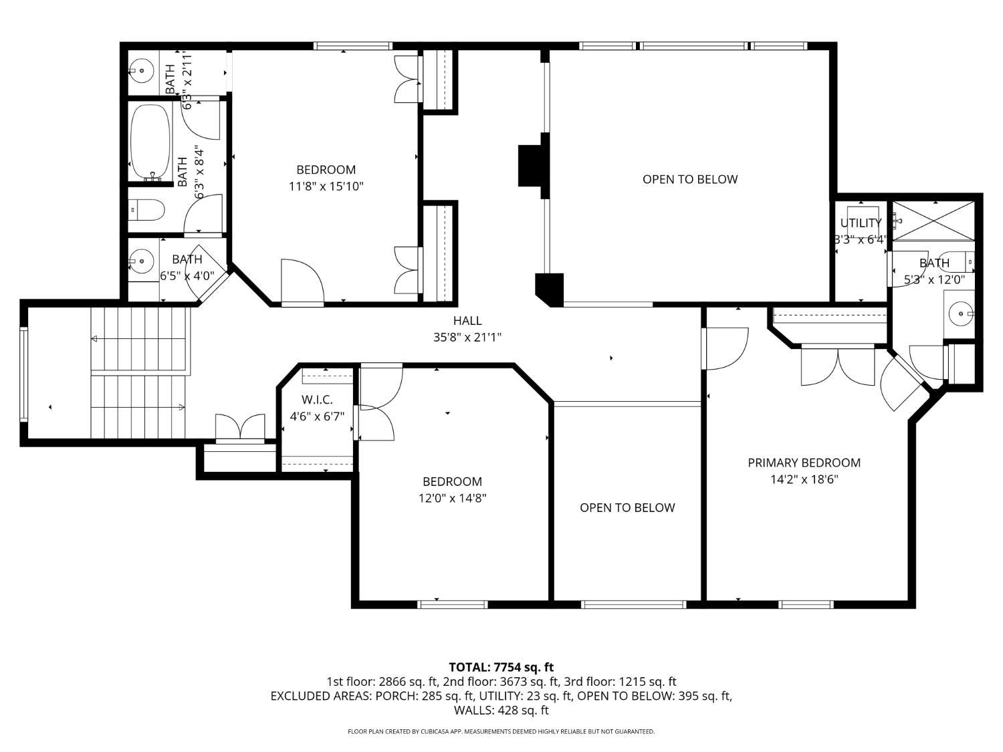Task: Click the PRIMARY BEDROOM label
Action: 804,463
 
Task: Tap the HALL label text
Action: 467,321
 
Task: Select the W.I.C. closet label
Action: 317,400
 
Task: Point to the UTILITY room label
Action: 861,223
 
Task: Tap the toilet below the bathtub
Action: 146,211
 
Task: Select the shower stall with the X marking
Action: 933,220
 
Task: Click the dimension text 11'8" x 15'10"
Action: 326,186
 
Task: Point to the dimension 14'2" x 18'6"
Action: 804,479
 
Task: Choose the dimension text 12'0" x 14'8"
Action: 453,498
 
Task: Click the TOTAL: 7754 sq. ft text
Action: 501,667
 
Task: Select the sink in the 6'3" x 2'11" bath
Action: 142,71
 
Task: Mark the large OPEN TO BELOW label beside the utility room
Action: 690,179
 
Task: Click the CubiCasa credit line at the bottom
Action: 501,731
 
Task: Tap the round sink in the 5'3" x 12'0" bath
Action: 960,314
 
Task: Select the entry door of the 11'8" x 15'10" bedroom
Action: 302,281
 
